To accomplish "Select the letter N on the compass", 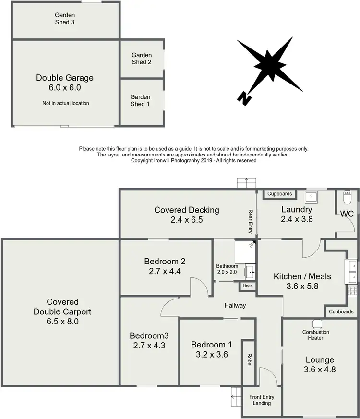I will [244, 98].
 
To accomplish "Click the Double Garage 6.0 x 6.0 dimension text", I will [65, 88].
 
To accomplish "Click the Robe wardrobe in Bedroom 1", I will [249, 360].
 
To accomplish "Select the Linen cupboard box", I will [248, 286].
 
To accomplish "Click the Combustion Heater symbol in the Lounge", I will [316, 323].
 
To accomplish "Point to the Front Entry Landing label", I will [261, 400].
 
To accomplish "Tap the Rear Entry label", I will [250, 221].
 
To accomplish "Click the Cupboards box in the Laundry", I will [280, 194].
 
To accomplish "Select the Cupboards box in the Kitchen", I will [341, 311].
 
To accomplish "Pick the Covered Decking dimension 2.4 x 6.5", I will [187, 220].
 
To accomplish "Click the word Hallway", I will [235, 305].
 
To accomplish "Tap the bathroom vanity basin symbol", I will [252, 272].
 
